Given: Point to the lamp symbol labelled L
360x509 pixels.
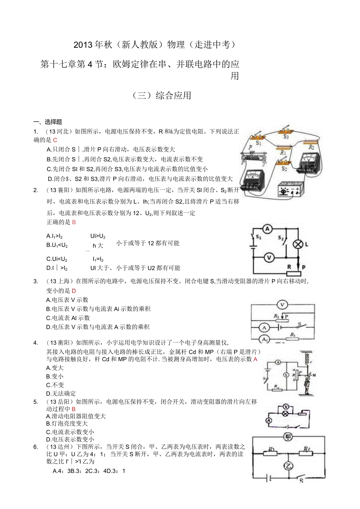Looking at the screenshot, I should [298, 244].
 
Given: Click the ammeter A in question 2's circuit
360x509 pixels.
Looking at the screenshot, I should [267, 229].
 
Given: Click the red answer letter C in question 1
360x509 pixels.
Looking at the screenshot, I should [55, 140].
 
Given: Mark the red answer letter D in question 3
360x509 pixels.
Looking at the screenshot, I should [74, 291].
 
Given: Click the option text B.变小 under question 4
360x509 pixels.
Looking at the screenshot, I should [55, 376].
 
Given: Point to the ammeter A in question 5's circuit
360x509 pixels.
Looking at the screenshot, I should [269, 420].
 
